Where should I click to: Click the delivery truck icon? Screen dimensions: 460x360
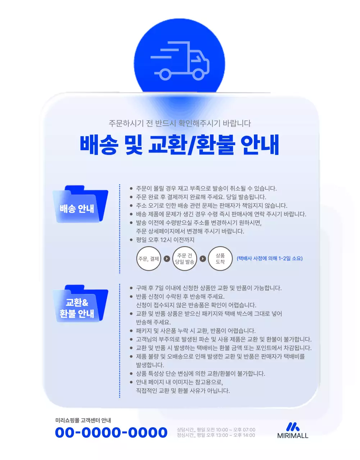click(x=180, y=61)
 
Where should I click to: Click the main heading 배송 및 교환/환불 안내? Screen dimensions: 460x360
click(x=179, y=144)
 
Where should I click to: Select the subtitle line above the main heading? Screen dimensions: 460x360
click(x=179, y=123)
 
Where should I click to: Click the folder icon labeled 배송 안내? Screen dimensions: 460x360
click(x=80, y=204)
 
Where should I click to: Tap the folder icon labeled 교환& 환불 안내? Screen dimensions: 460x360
click(x=80, y=304)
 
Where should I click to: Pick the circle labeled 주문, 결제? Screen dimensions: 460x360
click(x=149, y=259)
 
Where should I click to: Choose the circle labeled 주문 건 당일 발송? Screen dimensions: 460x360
click(x=185, y=259)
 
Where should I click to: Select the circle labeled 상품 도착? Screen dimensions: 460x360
click(x=220, y=259)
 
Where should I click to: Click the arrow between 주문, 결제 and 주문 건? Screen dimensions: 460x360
click(x=167, y=259)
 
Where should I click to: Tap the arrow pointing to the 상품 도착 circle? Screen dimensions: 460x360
click(x=203, y=259)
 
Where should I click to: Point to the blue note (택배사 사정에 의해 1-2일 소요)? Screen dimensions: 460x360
click(x=270, y=258)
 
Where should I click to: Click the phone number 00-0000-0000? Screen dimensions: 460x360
click(x=111, y=432)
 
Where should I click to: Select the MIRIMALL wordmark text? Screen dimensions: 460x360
click(x=293, y=436)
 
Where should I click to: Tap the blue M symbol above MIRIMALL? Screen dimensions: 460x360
click(x=292, y=427)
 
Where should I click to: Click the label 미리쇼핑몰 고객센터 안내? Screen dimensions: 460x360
click(x=83, y=420)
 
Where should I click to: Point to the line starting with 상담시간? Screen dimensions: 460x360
click(x=216, y=430)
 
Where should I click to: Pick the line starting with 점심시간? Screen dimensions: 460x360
click(x=216, y=435)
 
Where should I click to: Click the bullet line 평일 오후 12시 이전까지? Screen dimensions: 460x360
click(x=165, y=240)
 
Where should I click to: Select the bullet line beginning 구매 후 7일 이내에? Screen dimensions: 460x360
click(x=209, y=288)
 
